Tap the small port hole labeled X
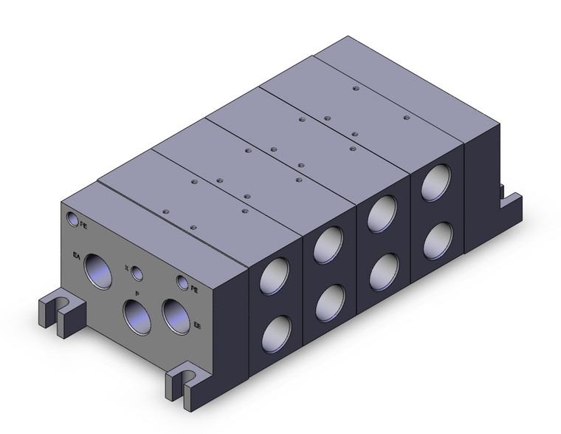137,274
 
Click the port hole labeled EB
176,315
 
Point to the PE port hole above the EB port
182,282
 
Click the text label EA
76,257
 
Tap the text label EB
196,325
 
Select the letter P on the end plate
137,294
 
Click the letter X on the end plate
127,268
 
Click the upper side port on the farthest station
438,183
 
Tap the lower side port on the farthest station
438,238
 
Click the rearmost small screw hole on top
356,89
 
